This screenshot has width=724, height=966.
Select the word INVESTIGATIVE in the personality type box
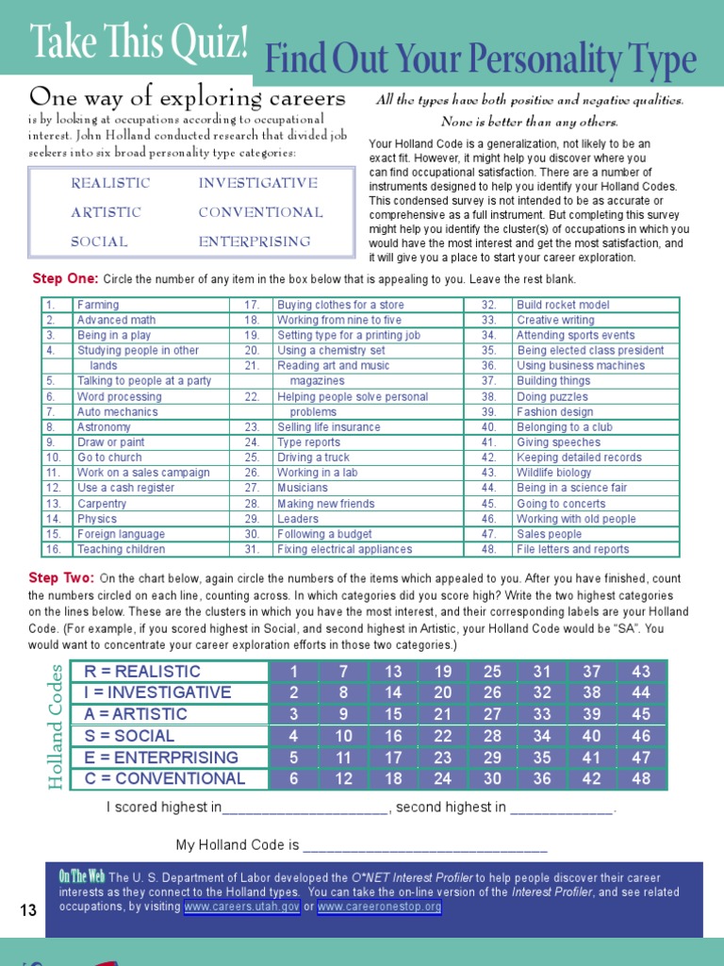[x=257, y=183]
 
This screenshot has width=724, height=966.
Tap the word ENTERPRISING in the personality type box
[x=254, y=241]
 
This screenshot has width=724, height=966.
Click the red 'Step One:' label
[x=65, y=279]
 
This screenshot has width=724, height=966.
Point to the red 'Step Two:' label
[x=61, y=577]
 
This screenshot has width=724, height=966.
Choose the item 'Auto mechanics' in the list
[x=118, y=412]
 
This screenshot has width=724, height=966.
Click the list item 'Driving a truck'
[x=313, y=458]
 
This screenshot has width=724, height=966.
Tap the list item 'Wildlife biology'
[x=554, y=473]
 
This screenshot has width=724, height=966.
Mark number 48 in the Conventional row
[x=641, y=779]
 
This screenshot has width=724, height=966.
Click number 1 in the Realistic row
[x=293, y=672]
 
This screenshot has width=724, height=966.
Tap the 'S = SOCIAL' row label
[x=129, y=736]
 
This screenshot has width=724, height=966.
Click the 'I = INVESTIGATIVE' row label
[x=157, y=692]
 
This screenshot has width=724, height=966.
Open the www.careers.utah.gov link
[x=242, y=907]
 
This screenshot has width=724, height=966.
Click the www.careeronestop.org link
[x=379, y=907]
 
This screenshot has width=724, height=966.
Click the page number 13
[x=28, y=910]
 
